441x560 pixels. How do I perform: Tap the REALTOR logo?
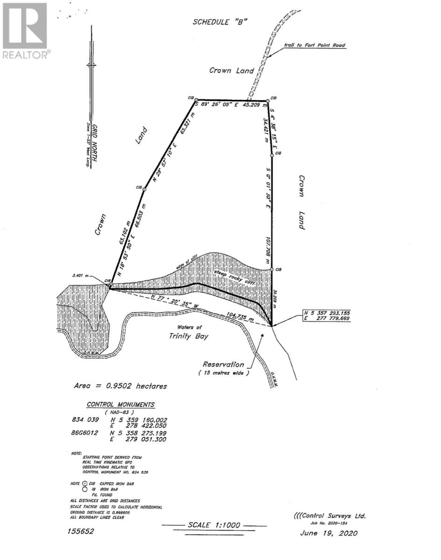click(25, 31)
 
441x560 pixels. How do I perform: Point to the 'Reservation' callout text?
click(223, 364)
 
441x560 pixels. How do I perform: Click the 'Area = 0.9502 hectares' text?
click(120, 386)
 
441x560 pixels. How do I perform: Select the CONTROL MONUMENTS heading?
click(121, 405)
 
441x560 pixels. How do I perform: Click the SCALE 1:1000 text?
click(214, 525)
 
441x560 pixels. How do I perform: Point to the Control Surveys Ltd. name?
click(330, 516)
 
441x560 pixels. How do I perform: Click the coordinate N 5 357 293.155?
click(327, 312)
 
